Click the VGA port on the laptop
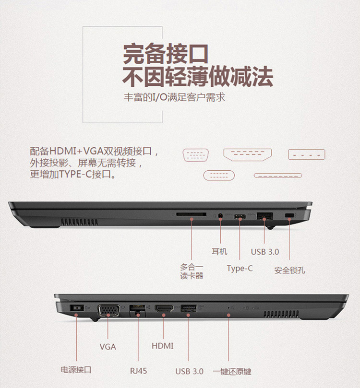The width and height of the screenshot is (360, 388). coord(109,310)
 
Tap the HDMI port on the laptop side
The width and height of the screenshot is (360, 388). coord(164,308)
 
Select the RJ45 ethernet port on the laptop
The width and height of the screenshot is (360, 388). coord(137,310)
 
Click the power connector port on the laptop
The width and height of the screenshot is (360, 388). coord(77,308)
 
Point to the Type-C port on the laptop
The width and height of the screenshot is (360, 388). coord(240,217)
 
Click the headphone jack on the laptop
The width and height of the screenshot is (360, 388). coord(220,216)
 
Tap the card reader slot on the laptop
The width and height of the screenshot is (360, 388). coord(191,214)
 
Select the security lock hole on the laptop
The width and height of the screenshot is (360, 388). coord(289,215)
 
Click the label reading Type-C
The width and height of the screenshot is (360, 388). coord(240,269)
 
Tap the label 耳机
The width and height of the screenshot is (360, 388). coord(219,251)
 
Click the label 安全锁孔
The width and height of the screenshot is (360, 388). coord(289,270)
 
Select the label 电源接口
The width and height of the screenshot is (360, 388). coord(76,370)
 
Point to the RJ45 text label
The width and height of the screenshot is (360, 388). coord(138,371)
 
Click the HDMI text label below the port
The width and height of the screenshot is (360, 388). coord(162,346)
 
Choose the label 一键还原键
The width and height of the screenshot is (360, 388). coord(232,371)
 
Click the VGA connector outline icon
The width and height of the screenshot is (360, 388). coord(195,155)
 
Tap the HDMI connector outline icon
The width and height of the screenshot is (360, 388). coord(248,154)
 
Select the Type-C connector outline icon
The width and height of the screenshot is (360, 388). coord(219,176)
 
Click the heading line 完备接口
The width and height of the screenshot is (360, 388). coord(166,54)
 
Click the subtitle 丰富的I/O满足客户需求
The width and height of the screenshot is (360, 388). coord(175,97)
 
